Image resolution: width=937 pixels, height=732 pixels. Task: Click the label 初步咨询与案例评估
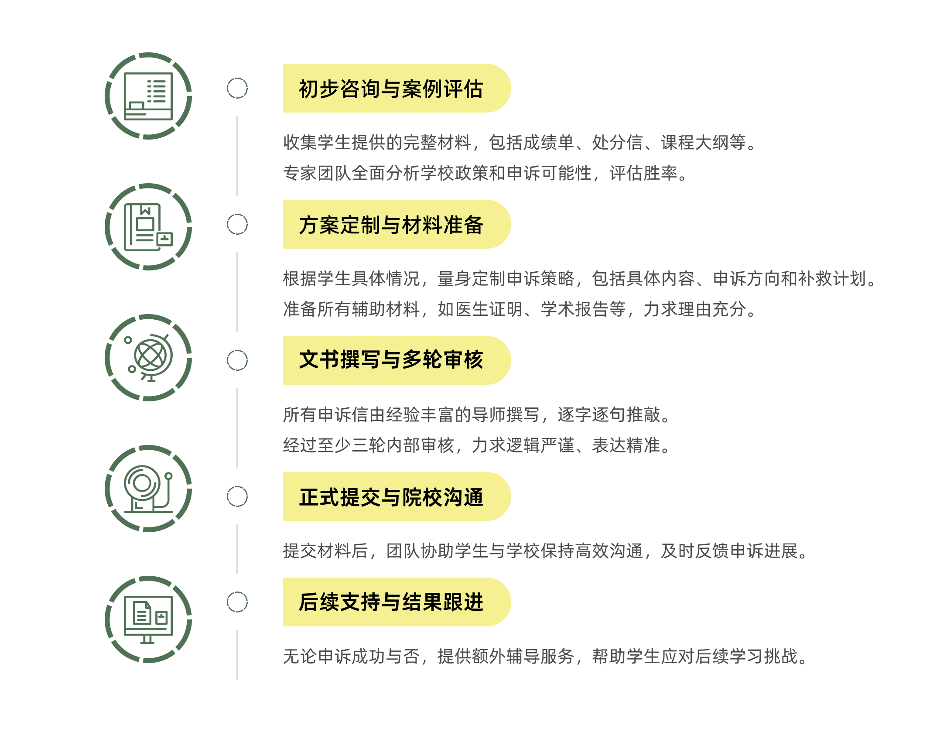391,89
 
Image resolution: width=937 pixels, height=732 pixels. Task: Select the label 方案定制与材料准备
391,225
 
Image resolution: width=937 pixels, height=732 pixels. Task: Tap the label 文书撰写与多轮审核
391,360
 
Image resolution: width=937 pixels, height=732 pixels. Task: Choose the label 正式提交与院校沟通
391,497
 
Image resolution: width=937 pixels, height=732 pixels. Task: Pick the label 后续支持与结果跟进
391,602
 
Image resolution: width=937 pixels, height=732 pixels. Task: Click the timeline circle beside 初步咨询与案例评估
237,88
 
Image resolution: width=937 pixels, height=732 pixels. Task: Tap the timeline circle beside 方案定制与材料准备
237,224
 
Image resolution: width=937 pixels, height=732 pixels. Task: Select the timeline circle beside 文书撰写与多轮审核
237,360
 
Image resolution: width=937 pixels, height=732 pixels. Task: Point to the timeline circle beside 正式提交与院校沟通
237,496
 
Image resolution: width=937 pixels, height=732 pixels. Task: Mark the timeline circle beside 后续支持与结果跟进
237,602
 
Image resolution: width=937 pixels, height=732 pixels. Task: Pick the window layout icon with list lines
148,96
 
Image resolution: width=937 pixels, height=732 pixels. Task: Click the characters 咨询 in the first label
360,89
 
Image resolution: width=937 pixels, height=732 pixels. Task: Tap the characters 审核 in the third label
463,360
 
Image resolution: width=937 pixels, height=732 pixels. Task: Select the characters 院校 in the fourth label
422,497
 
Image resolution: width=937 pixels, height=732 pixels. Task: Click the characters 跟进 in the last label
463,602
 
